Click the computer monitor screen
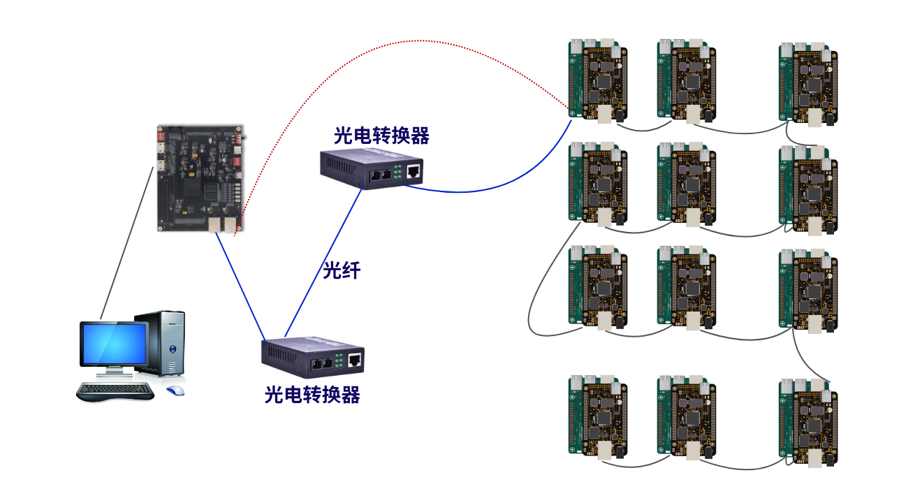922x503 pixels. coord(113,344)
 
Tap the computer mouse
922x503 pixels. coord(176,390)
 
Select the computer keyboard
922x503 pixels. coord(115,391)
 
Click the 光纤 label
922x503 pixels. coord(341,270)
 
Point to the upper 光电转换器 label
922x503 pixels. coord(381,136)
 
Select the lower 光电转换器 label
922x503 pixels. coord(312,395)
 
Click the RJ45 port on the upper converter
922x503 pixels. coord(414,170)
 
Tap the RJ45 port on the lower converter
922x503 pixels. coord(355,360)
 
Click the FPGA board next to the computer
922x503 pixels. coord(199,178)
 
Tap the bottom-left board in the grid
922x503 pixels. coord(597,417)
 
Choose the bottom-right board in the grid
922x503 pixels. coord(808,421)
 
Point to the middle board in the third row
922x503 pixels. coord(686,286)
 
